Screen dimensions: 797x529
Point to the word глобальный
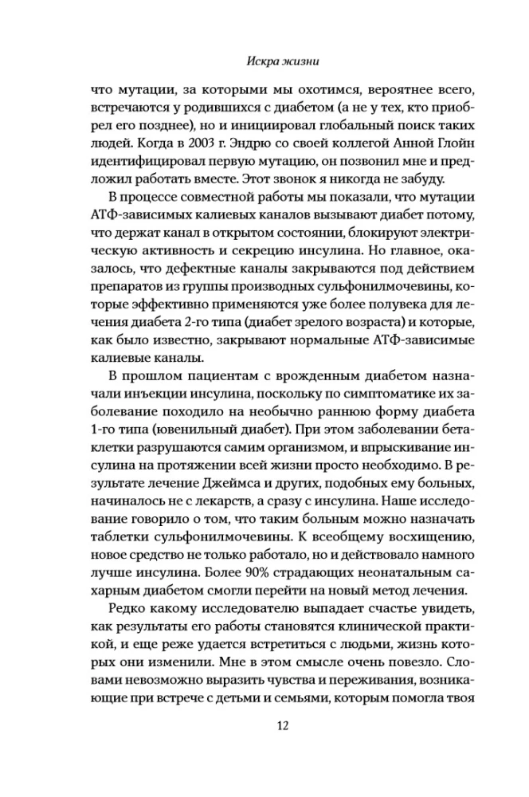[x=328, y=134]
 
